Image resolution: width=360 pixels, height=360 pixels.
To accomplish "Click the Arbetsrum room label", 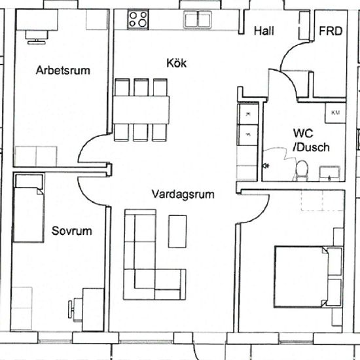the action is pyautogui.click(x=63, y=70).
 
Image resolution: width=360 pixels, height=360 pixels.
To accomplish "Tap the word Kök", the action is pyautogui.click(x=176, y=63).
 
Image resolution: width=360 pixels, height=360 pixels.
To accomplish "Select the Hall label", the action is pyautogui.click(x=264, y=31).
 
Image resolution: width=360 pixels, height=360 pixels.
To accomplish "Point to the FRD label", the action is pyautogui.click(x=331, y=31).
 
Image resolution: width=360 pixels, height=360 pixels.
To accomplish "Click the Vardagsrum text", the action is pyautogui.click(x=183, y=194).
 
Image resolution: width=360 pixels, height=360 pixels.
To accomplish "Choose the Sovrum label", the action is pyautogui.click(x=71, y=231).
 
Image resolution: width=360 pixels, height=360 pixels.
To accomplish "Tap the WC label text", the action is pyautogui.click(x=303, y=133).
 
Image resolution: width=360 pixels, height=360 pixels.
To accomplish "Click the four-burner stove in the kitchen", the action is pyautogui.click(x=138, y=19).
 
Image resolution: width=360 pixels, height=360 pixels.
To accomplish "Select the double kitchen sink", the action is pyautogui.click(x=198, y=20).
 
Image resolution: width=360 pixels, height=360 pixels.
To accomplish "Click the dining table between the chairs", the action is pyautogui.click(x=141, y=110).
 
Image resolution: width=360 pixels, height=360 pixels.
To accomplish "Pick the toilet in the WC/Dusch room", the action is pyautogui.click(x=302, y=171).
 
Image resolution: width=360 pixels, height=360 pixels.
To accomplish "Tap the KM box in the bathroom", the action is pyautogui.click(x=335, y=113).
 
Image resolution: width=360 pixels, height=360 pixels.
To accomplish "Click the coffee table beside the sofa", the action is pyautogui.click(x=177, y=232).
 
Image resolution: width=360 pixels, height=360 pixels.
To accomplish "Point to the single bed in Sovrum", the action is pyautogui.click(x=29, y=208).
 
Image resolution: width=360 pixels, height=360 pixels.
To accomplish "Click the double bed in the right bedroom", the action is pyautogui.click(x=308, y=277).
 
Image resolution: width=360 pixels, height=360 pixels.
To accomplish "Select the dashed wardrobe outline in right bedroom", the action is pyautogui.click(x=322, y=200).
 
